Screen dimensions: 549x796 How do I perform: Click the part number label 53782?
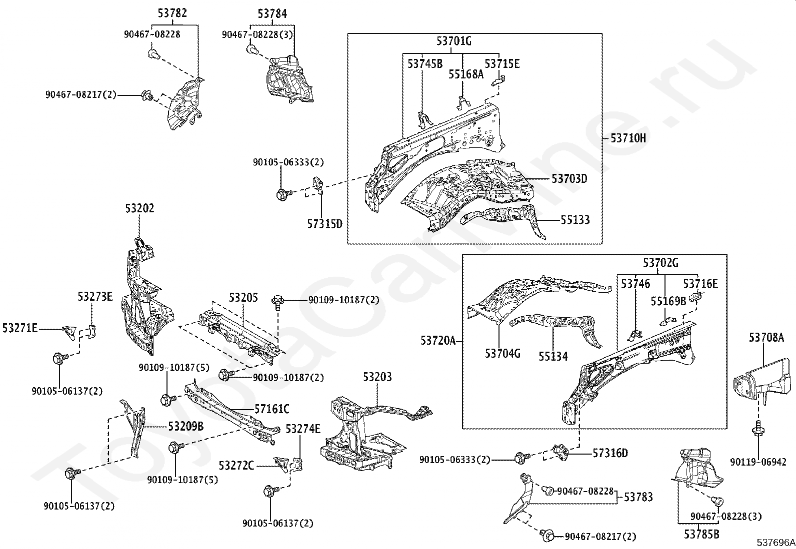coord(172,13)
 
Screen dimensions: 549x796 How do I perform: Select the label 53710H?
coord(627,138)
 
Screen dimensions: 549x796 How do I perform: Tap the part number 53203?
coord(377,377)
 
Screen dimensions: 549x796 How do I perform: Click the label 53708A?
coord(765,338)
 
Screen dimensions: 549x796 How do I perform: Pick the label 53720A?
coord(438,341)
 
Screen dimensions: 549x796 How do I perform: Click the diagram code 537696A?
coord(775,543)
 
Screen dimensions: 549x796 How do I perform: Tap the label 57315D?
coord(324,223)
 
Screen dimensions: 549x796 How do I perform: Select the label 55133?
coord(574,220)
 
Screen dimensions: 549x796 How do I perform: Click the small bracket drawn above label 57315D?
coord(317,185)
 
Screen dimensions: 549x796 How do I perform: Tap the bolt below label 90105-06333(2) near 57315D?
coord(281,193)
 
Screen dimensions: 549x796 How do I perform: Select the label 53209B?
coord(185,426)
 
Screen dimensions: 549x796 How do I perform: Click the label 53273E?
coord(95,297)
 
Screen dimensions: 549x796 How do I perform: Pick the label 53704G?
coord(502,354)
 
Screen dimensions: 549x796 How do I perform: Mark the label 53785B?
coord(701,534)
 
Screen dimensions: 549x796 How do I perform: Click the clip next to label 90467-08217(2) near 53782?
coord(147,95)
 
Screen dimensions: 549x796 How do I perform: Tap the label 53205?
coord(243,298)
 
